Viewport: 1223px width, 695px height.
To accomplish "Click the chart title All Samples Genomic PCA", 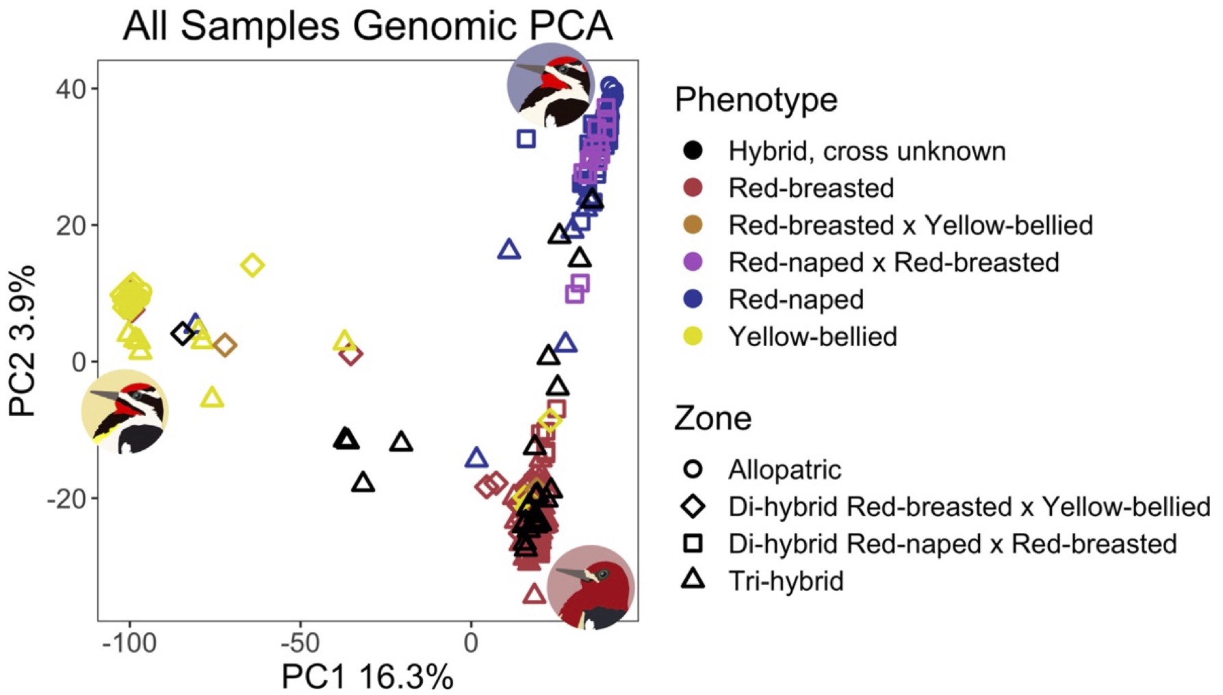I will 368,26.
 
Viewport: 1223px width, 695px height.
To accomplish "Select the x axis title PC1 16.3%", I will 368,677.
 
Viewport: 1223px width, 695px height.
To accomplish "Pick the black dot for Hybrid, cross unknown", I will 693,150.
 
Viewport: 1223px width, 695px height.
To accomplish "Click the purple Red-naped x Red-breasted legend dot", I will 693,262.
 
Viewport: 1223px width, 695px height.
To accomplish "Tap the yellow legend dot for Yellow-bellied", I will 693,336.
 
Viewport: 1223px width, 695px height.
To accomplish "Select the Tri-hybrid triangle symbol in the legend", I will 693,580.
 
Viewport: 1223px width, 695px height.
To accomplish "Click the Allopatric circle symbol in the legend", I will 693,469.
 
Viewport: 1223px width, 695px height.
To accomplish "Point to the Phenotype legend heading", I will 756,100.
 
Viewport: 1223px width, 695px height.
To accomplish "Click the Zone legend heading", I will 712,418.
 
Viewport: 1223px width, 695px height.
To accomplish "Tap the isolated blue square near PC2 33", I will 526,139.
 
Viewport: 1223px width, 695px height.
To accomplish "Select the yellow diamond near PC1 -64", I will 253,265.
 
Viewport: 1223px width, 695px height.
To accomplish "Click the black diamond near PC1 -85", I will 182,334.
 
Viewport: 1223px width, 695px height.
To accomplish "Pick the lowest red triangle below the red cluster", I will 535,594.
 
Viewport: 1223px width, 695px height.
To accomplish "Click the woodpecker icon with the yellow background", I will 125,412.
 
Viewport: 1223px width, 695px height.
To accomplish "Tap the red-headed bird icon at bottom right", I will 591,588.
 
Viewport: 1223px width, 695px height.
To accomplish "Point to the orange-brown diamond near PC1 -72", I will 224,345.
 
